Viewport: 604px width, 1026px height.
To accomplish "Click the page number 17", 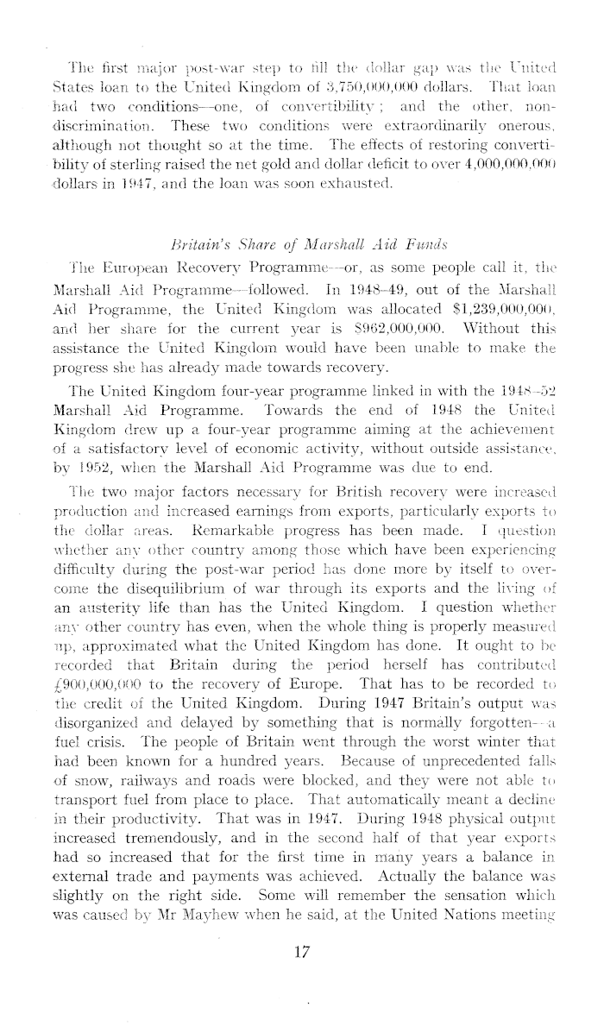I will tap(301, 950).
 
